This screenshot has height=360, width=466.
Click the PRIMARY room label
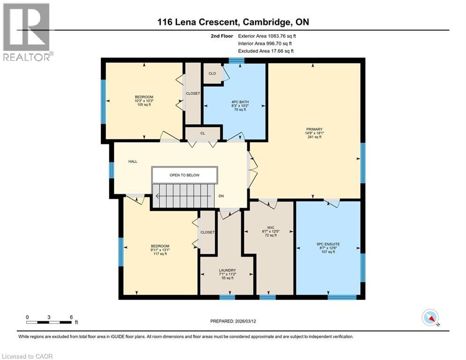[x=314, y=129]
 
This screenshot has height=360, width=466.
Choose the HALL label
[x=133, y=161]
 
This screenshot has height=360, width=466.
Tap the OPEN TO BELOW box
[x=185, y=175]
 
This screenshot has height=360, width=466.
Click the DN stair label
[x=222, y=196]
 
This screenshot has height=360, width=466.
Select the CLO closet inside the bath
[x=212, y=73]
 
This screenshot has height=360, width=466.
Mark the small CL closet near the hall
[x=203, y=134]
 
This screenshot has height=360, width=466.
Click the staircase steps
[x=183, y=196]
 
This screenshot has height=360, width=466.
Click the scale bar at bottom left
[x=49, y=322]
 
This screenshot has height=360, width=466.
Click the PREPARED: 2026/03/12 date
[x=233, y=321]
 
